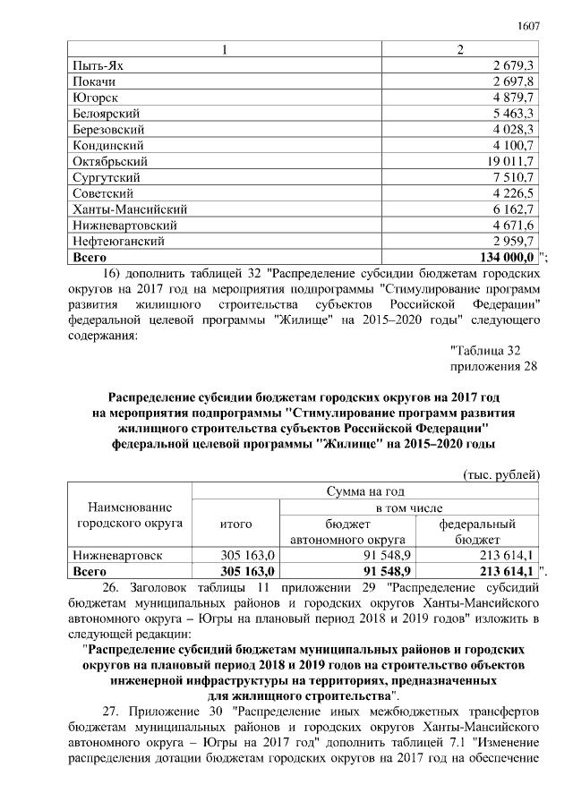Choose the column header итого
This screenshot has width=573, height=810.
(235, 524)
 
